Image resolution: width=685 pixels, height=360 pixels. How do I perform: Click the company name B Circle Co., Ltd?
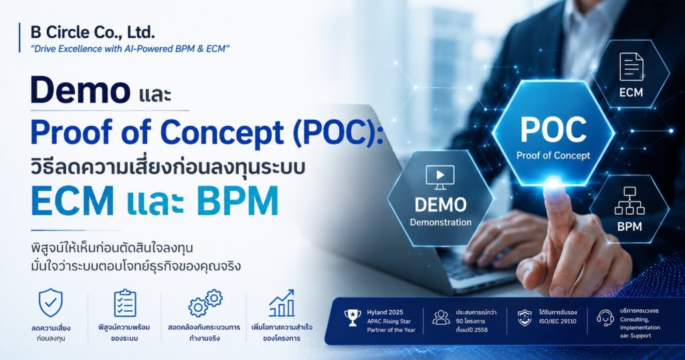coord(92,32)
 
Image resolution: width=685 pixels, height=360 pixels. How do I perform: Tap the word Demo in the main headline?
coord(80,90)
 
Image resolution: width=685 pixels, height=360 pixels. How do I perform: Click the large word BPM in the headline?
coord(237,201)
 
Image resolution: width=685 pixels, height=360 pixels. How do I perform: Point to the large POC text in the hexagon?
coord(553,129)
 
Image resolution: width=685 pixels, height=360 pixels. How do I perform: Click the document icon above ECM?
coord(631,67)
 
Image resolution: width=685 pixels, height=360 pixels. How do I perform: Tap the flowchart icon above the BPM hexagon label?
coord(629,201)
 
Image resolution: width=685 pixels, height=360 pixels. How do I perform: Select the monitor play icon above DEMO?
coord(440,177)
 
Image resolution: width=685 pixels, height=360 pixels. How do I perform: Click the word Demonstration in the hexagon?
coord(440,222)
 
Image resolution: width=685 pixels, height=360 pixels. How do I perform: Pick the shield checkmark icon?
coord(51,302)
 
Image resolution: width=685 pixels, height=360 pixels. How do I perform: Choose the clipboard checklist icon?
coord(125,302)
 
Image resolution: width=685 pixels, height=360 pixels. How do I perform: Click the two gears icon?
coord(205,302)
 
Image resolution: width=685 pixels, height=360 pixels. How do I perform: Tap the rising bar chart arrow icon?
coord(282,302)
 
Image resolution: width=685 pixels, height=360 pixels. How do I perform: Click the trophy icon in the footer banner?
coord(352,318)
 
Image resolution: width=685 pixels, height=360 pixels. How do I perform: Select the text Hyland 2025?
coord(385,312)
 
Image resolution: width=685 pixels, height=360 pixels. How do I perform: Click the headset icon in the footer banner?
coord(605,318)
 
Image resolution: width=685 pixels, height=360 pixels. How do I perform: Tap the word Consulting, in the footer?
coord(634,319)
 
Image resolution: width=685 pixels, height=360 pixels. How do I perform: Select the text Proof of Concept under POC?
coord(553,155)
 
